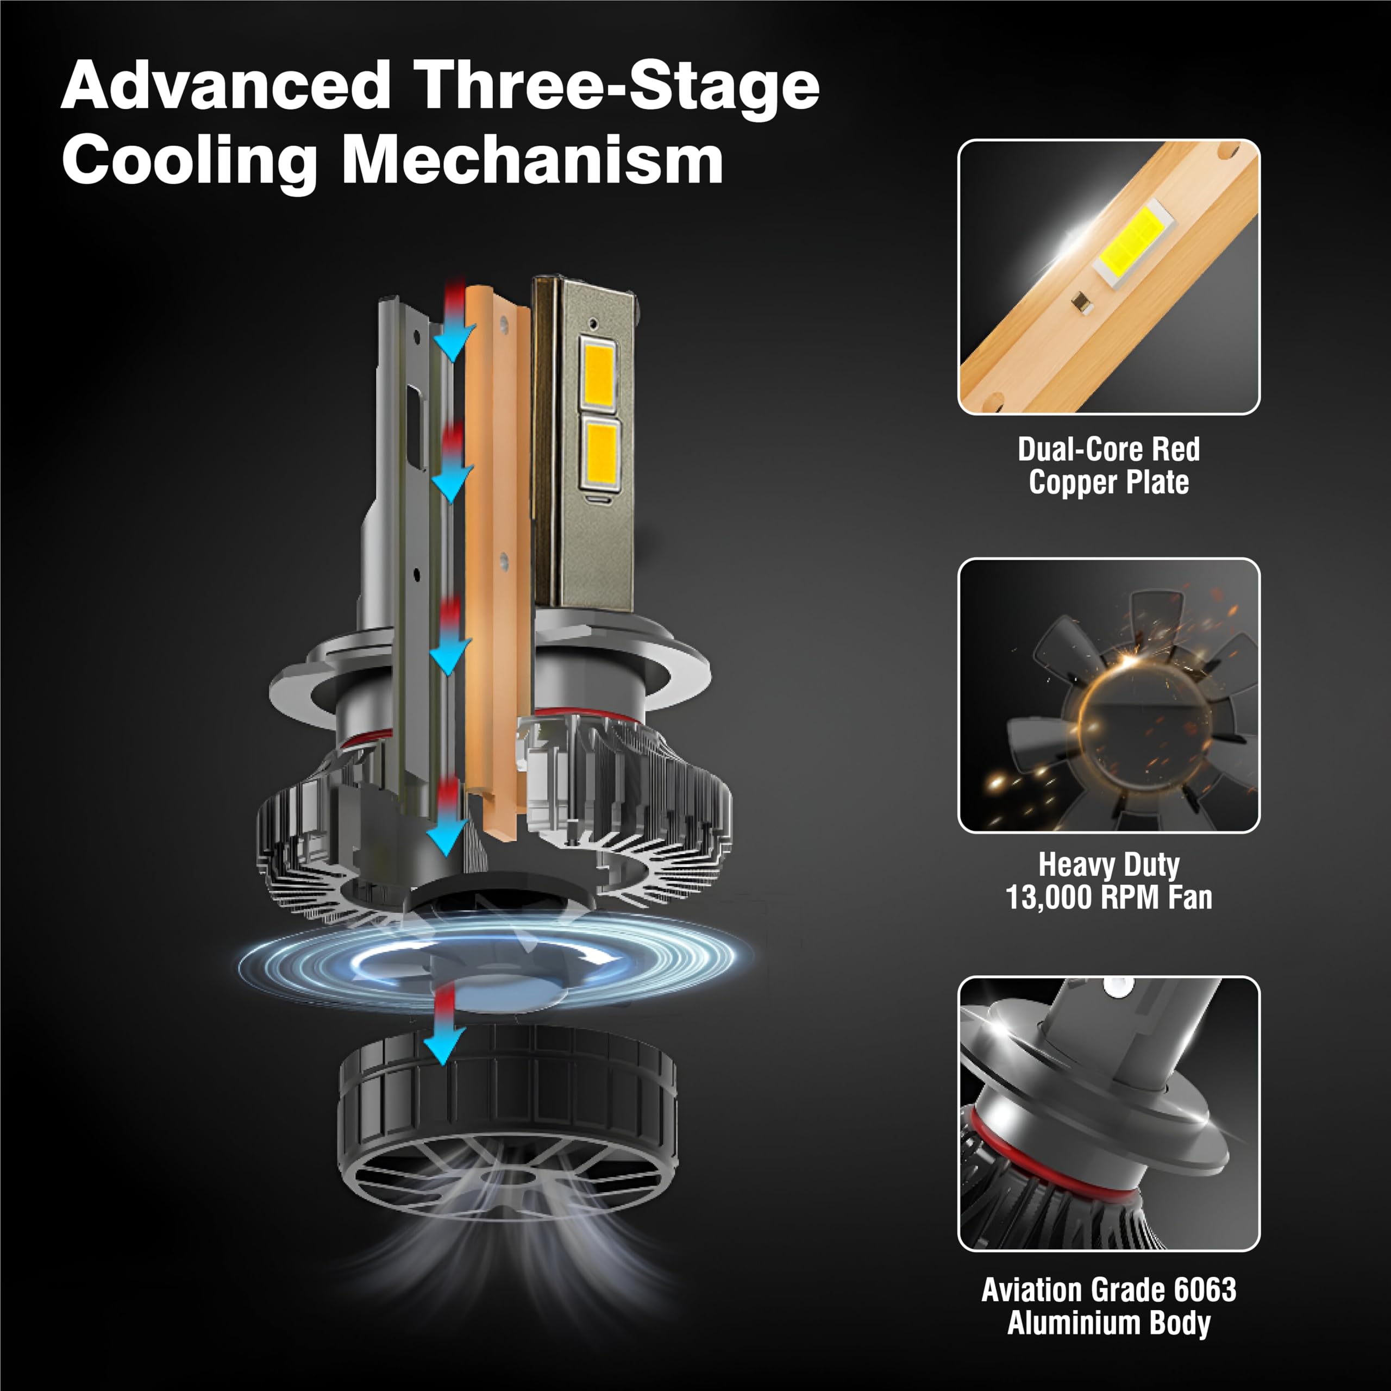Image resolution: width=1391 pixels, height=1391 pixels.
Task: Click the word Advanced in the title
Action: point(226,86)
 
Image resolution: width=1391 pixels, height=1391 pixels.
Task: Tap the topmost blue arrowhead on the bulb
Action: point(454,342)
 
